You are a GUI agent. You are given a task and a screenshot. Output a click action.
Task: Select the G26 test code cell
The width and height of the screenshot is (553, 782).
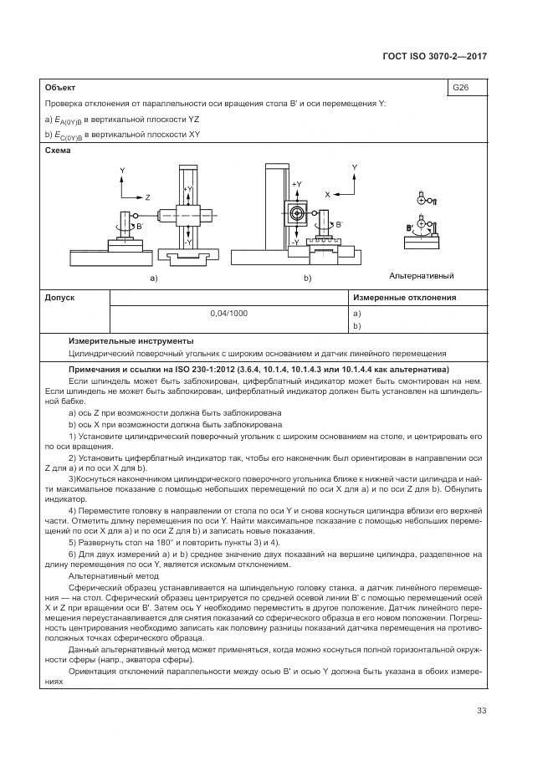[x=460, y=87]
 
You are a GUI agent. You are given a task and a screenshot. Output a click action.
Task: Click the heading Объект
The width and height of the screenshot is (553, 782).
[x=59, y=87]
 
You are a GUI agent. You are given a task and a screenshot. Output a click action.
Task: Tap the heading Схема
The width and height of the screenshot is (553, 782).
[x=59, y=151]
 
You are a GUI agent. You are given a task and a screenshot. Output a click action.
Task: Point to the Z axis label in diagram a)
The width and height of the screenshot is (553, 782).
[x=147, y=197]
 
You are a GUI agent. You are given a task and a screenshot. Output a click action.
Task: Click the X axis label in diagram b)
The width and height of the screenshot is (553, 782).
[x=327, y=193]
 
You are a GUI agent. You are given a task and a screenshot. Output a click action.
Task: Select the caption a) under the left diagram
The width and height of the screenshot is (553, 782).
[x=153, y=278]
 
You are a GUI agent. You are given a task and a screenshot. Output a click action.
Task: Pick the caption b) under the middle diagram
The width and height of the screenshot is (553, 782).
[x=307, y=278]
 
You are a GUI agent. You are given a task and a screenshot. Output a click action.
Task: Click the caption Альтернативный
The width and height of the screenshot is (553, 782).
[x=421, y=275]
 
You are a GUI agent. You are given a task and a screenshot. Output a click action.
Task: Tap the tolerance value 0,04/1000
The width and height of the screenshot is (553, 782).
[x=229, y=313]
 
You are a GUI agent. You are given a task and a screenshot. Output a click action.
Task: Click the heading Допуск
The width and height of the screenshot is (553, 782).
[x=59, y=298]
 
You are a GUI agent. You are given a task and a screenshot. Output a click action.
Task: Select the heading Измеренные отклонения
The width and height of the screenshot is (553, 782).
[x=404, y=298]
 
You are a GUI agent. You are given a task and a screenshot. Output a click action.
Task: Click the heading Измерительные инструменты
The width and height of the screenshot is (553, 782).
[x=131, y=340]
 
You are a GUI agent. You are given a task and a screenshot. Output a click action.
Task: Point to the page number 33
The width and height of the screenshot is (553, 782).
[x=481, y=711]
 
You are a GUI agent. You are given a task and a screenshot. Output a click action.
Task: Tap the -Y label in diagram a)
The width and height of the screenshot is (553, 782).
[x=189, y=242]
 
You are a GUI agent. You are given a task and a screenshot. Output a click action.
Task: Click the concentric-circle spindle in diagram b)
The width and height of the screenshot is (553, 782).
[x=296, y=214]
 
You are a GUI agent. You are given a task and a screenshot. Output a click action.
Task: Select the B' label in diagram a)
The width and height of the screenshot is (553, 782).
[x=139, y=226]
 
